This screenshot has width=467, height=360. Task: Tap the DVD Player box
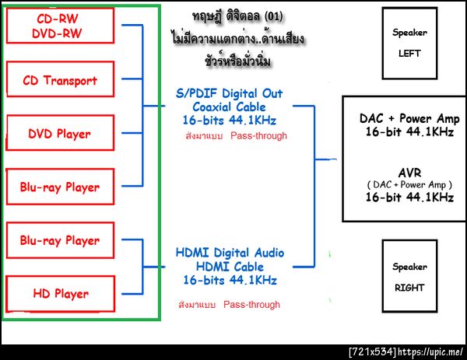pos(59,133)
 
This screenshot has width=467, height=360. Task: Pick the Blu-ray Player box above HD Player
pos(59,240)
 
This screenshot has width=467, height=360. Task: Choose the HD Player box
pos(59,294)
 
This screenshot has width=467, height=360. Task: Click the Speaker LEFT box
pos(409,44)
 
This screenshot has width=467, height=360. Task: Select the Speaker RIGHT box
pos(409,277)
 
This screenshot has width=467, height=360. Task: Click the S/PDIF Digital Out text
pos(230,93)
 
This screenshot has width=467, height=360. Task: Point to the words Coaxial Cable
pos(230,107)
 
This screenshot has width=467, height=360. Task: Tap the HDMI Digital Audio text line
pos(230,253)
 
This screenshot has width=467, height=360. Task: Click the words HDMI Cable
pos(230,266)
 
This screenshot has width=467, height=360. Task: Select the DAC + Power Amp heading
pos(409,119)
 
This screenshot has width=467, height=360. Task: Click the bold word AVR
pos(409,171)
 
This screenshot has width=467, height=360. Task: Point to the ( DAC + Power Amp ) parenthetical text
pos(409,184)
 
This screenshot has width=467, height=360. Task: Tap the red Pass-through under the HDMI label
pos(251,305)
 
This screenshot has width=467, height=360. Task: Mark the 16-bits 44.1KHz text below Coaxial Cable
pos(230,121)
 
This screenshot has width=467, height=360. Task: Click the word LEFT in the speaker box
pos(409,54)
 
